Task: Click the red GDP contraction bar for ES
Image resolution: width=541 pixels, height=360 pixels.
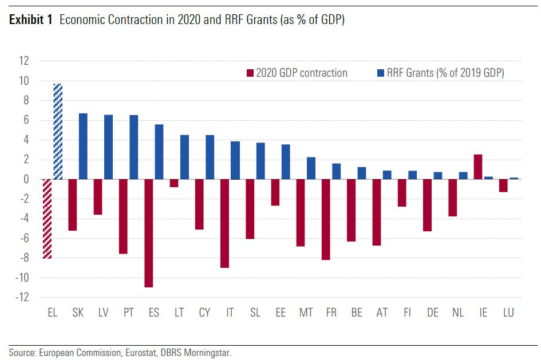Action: coord(149,233)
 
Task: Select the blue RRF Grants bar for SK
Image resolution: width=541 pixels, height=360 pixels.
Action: coord(83,147)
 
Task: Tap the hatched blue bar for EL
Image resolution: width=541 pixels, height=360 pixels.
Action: coord(58,132)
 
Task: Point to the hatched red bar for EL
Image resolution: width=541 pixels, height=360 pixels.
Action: coord(47,219)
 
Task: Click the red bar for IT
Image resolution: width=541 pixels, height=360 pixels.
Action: coord(225,223)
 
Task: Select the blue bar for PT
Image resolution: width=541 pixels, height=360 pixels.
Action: coord(134,147)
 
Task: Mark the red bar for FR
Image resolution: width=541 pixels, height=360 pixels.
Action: coord(326,219)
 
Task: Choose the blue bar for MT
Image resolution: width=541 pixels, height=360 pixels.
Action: coord(311,168)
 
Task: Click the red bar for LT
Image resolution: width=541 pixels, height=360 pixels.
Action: coord(174,183)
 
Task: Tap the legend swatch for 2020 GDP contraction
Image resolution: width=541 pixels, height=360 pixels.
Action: coord(250,73)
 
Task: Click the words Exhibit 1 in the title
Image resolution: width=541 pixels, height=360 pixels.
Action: coord(31,21)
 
